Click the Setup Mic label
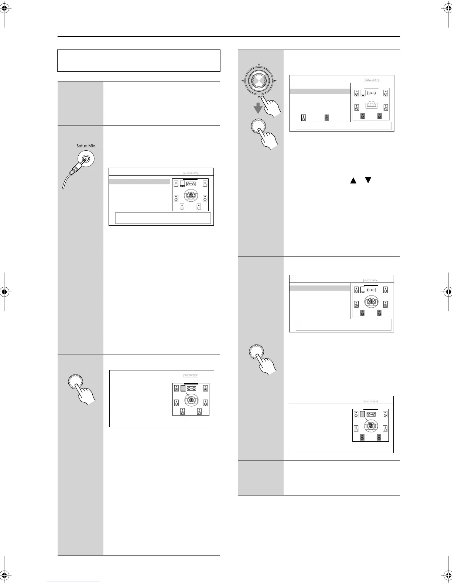coord(86,146)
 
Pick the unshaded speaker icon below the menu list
coord(304,118)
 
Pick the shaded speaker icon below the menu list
coord(326,118)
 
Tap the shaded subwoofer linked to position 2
coord(363,414)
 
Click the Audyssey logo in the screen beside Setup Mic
coord(191,173)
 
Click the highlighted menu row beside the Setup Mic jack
coord(140,181)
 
